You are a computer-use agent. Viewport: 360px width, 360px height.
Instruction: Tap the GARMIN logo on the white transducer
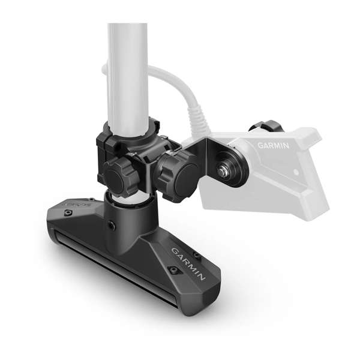pyautogui.click(x=273, y=145)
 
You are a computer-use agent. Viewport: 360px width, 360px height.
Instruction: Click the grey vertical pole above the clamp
pyautogui.click(x=127, y=72)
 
